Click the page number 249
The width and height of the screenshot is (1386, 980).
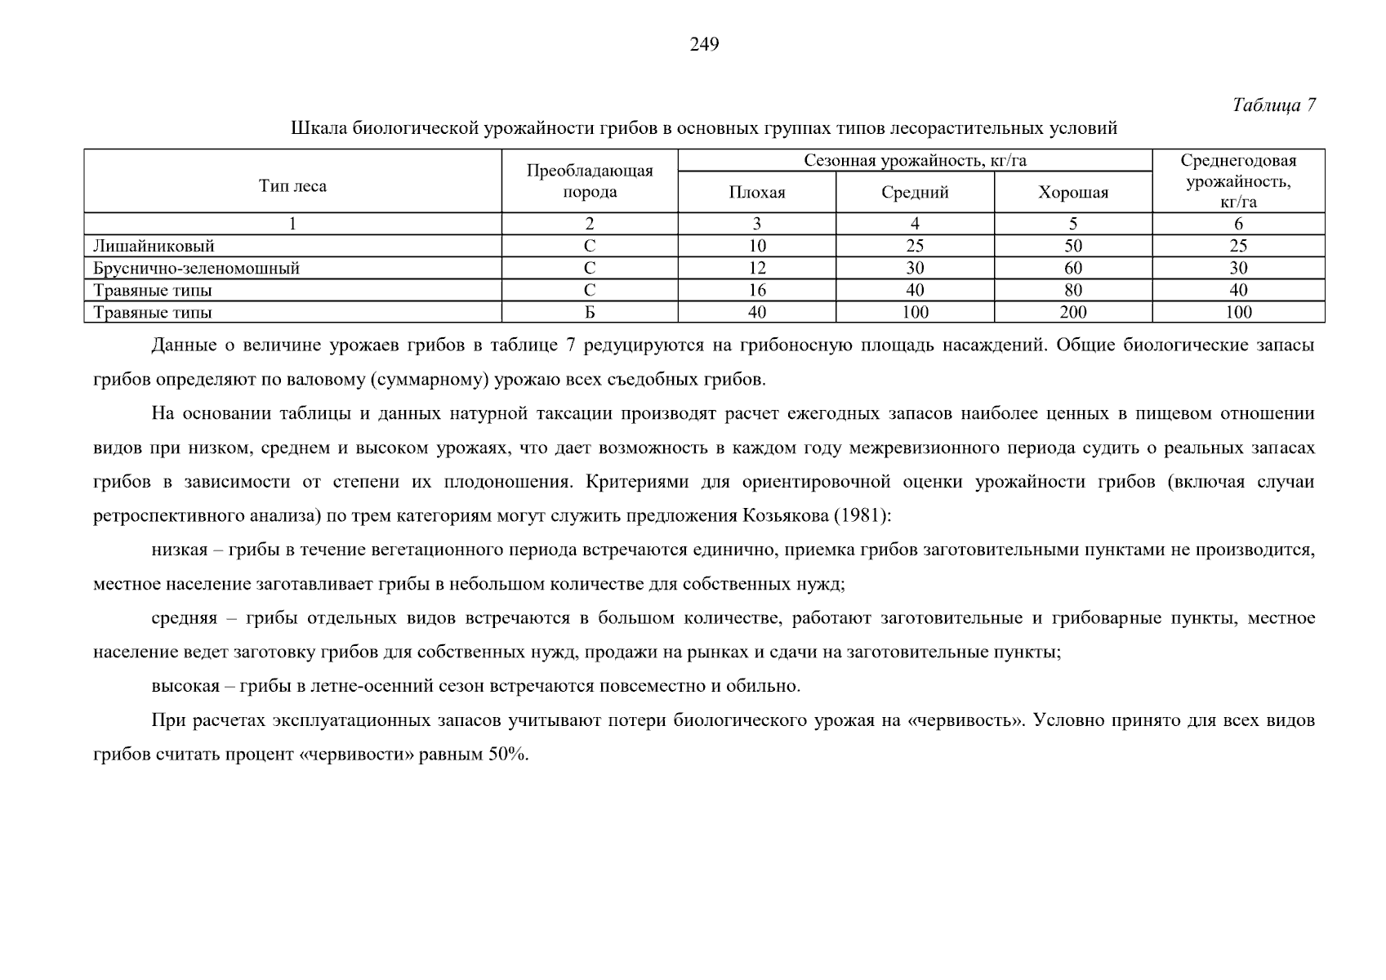coord(704,45)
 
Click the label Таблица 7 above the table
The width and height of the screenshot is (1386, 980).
coord(1274,105)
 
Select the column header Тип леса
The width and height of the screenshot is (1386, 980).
coord(292,186)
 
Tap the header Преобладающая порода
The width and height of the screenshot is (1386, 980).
coord(590,181)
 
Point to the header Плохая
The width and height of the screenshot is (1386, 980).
coord(757,193)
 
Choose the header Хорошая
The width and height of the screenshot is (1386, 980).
coord(1073,193)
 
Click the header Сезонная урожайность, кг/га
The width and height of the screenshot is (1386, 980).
coord(915,161)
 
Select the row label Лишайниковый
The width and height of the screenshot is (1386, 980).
coord(154,246)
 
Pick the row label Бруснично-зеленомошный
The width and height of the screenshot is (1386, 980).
coord(197,268)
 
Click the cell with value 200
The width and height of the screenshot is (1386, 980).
coord(1073,312)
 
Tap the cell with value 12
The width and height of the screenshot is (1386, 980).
coord(757,268)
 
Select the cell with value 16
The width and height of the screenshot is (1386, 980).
coord(757,290)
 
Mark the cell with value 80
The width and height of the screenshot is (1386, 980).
coord(1073,290)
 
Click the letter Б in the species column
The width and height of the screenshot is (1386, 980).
coord(590,312)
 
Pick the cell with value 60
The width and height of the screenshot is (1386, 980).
coord(1073,268)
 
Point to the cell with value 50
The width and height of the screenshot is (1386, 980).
coord(1073,246)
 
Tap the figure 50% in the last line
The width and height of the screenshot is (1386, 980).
coord(507,754)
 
